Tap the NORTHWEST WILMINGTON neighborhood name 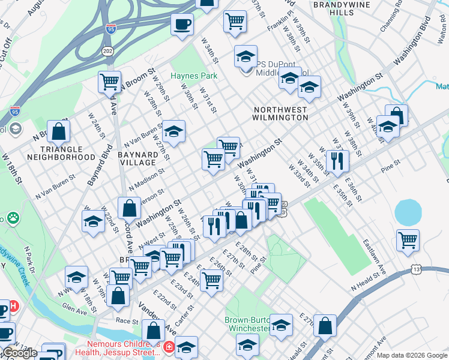[280, 114]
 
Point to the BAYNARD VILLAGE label [138, 158]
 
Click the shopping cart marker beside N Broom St [109, 82]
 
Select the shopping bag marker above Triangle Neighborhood [58, 131]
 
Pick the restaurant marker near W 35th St [337, 160]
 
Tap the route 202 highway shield [107, 50]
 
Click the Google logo [20, 353]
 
